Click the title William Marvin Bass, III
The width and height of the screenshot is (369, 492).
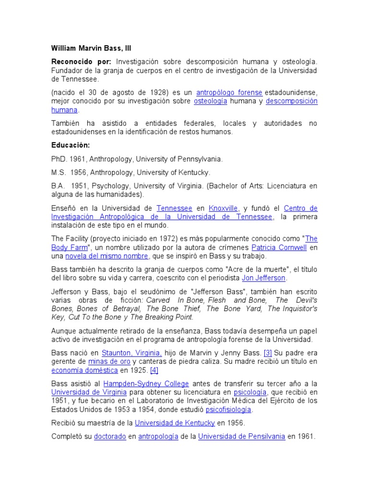(x=91, y=49)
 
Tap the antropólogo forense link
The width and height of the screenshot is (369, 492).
(x=230, y=92)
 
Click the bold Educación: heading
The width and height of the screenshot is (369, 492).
(x=71, y=145)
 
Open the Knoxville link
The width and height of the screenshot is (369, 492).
(x=224, y=209)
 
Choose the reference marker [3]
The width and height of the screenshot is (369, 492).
(x=268, y=353)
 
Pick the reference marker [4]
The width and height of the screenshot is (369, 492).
(x=154, y=370)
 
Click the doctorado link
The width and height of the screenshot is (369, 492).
(x=110, y=437)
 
